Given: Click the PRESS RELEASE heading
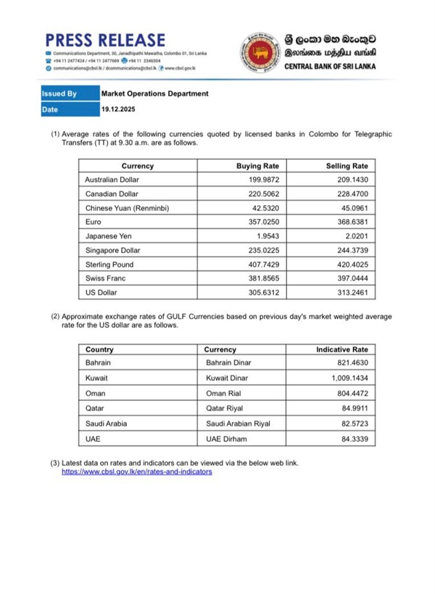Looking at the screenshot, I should [105, 39].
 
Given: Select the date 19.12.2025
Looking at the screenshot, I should [117, 110].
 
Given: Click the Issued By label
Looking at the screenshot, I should [60, 94].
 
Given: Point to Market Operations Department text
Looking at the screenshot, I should [154, 94].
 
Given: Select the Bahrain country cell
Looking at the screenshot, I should [99, 363].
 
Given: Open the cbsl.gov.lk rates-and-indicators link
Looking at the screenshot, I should [136, 471].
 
